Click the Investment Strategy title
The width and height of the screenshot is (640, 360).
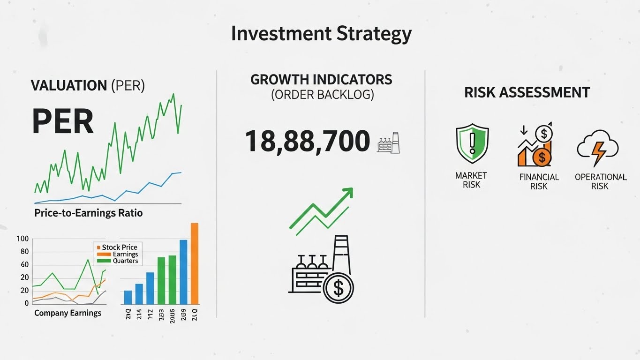click(321, 34)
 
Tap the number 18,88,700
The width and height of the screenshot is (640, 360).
click(308, 141)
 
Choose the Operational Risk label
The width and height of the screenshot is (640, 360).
click(600, 181)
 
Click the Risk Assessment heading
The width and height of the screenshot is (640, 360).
click(527, 92)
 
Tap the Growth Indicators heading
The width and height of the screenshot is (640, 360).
click(321, 79)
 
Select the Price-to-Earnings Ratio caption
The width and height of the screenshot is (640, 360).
click(88, 213)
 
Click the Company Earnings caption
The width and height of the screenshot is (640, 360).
click(68, 313)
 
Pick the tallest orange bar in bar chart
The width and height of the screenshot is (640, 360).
click(195, 263)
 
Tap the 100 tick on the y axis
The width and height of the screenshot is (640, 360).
click(23, 239)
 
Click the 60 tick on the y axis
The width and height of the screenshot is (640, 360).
click(24, 265)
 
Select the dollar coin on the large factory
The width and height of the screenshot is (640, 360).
click(338, 287)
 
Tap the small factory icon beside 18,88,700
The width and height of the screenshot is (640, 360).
click(389, 142)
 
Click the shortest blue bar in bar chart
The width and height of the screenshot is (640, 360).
click(128, 297)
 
